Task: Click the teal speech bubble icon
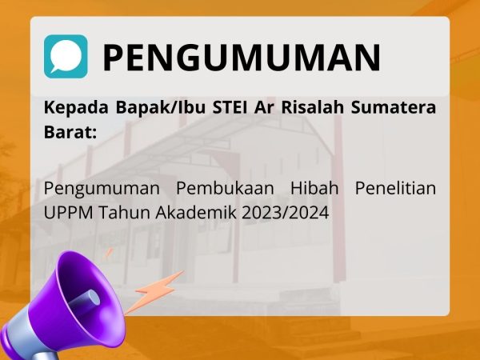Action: [66, 57]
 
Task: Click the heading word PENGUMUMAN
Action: [242, 58]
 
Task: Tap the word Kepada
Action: [76, 108]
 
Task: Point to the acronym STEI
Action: [230, 107]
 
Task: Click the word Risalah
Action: [312, 107]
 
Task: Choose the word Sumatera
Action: [394, 107]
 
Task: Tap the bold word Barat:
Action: [70, 132]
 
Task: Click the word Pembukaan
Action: [225, 188]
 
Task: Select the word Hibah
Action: [314, 188]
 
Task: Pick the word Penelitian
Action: [395, 188]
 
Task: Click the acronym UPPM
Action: [68, 213]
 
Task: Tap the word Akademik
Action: [196, 213]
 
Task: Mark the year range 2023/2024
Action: [286, 213]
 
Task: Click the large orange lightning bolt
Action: [153, 292]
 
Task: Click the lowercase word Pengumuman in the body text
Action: [102, 189]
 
